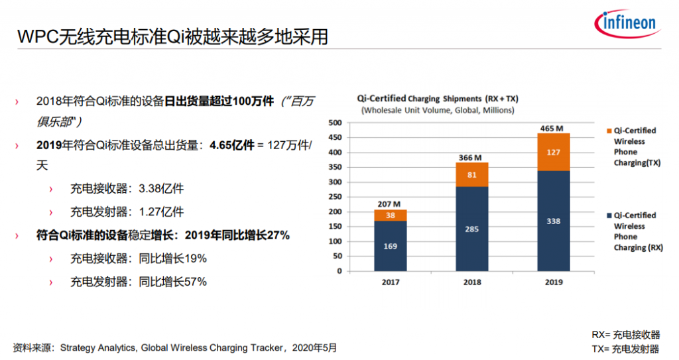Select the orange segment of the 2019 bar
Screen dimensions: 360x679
(x=553, y=152)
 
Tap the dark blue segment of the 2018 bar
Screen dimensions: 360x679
(x=471, y=229)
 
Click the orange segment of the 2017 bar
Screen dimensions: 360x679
(x=390, y=215)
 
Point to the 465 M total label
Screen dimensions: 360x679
(x=553, y=127)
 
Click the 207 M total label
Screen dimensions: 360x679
(x=390, y=203)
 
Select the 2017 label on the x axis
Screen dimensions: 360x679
(x=390, y=282)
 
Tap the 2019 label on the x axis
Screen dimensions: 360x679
(x=553, y=282)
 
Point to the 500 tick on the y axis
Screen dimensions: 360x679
(x=334, y=123)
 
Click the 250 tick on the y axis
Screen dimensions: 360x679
(x=334, y=197)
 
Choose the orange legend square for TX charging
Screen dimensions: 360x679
(x=608, y=131)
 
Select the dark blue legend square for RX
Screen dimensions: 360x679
(x=608, y=215)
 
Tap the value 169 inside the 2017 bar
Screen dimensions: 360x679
(x=390, y=246)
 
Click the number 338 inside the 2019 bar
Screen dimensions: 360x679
(x=553, y=221)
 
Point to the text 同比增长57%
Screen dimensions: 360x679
(x=173, y=282)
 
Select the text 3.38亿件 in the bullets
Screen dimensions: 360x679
(x=161, y=189)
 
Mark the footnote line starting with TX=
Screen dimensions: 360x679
(x=625, y=349)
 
